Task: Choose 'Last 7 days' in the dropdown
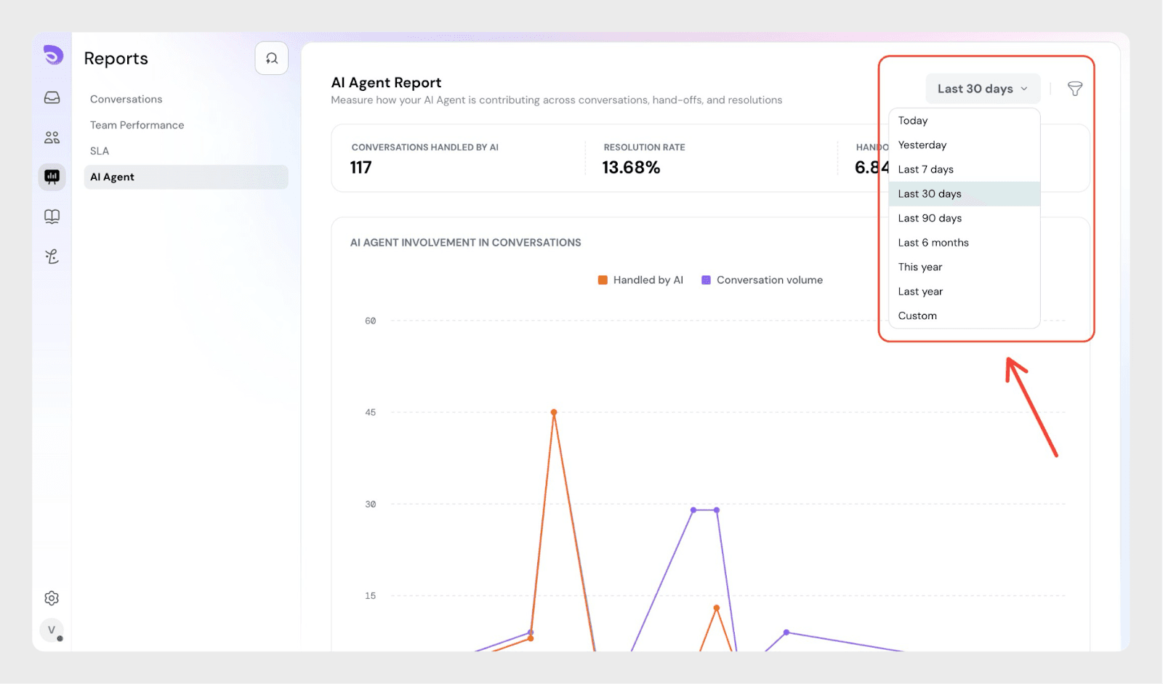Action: point(925,169)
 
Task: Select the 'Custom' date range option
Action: point(917,315)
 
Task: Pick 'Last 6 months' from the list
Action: point(933,243)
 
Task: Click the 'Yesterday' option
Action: point(922,145)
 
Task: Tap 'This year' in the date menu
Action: point(919,267)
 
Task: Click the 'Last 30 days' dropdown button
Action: point(982,89)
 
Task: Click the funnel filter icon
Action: point(1074,89)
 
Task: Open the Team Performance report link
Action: point(137,125)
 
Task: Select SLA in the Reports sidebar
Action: point(100,151)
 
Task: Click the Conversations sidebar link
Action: point(126,99)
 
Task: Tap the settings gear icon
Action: point(52,598)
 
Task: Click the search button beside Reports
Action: point(271,58)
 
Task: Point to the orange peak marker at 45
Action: point(554,412)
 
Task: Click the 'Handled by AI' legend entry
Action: point(640,280)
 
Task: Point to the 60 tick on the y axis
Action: point(370,321)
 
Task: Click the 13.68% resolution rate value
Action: point(631,168)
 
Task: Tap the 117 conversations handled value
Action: point(361,168)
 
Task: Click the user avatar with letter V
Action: point(52,629)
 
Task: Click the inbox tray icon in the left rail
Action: point(52,97)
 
